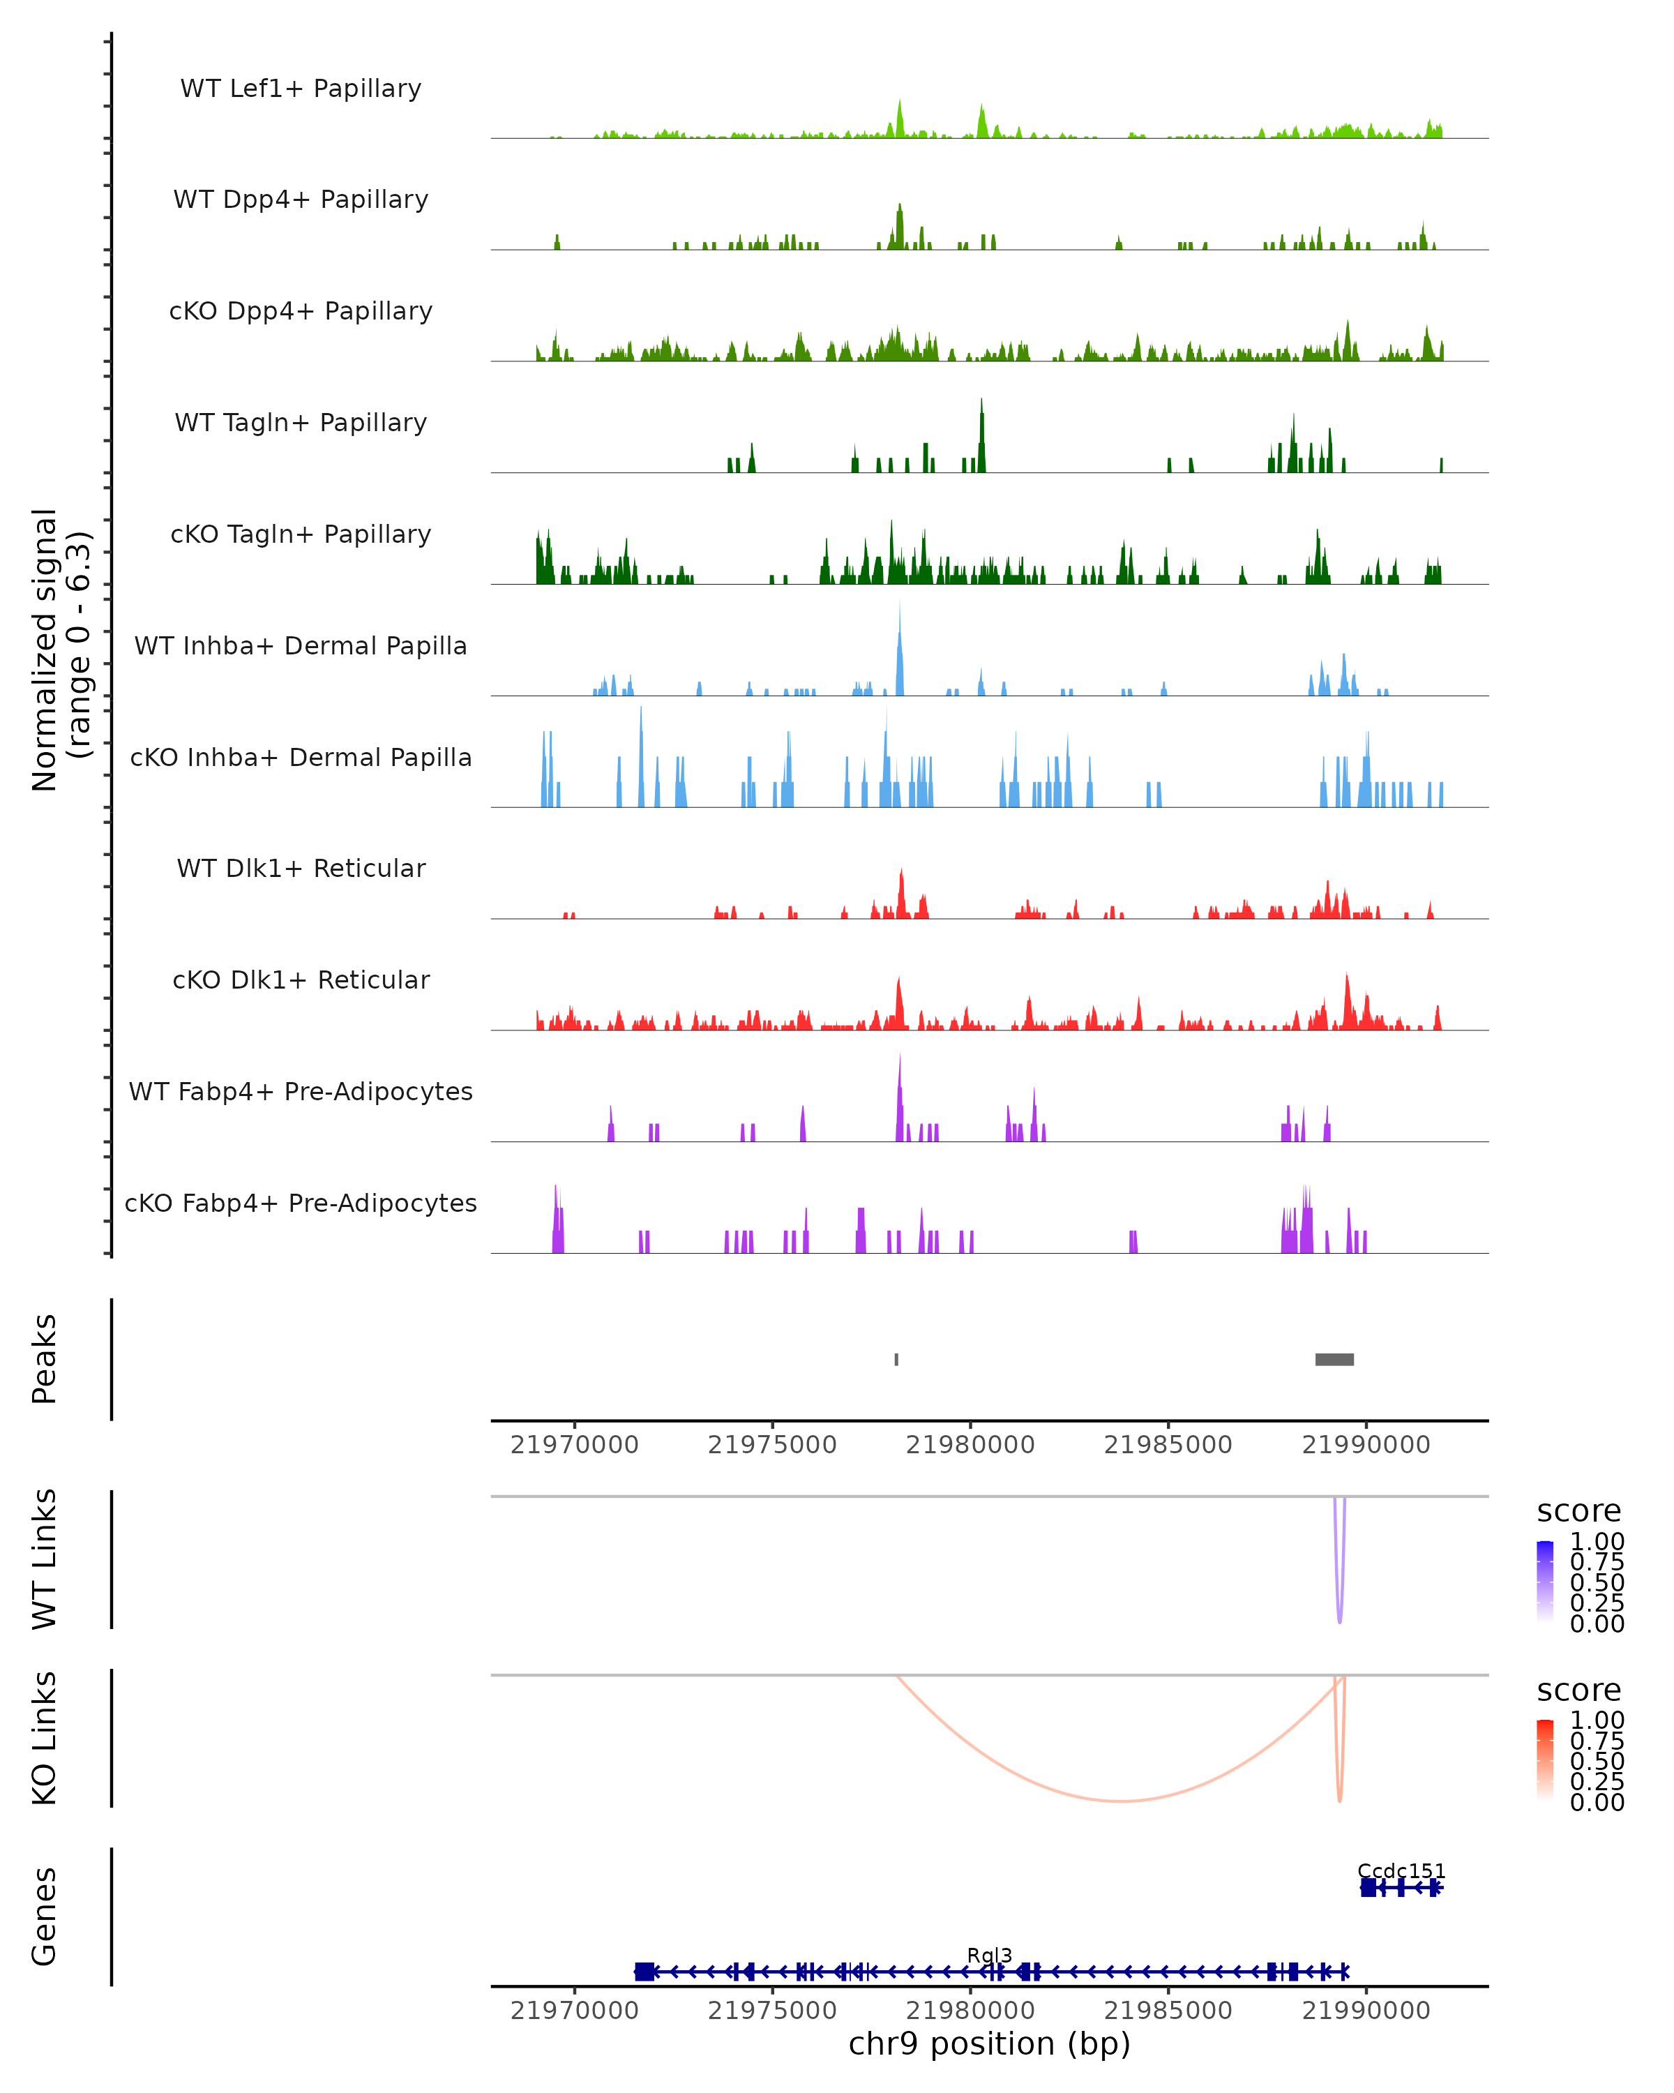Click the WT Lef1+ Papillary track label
(x=301, y=89)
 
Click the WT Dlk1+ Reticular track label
(x=301, y=868)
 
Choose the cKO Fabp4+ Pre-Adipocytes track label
(x=301, y=1203)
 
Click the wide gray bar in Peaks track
(x=1334, y=1359)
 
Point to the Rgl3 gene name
(x=990, y=1955)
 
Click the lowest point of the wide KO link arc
(x=1121, y=1801)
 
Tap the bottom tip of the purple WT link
(x=1340, y=1622)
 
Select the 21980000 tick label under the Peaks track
(x=970, y=1445)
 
